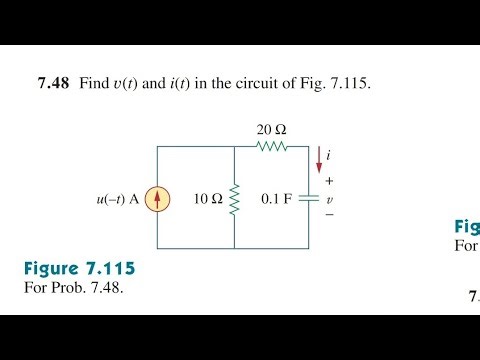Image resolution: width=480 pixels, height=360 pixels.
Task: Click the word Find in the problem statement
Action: (x=93, y=85)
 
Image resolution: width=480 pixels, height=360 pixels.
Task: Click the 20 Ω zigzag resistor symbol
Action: (x=271, y=147)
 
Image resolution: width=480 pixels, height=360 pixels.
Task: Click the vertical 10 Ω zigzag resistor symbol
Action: (x=234, y=199)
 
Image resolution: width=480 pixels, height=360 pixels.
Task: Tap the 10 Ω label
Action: (x=209, y=199)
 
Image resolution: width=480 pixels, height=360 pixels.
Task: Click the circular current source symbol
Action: (x=157, y=199)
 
